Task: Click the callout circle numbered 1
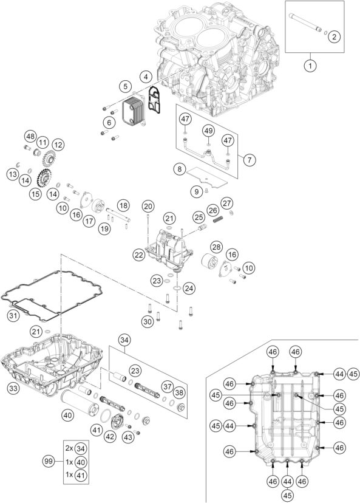[x=310, y=64]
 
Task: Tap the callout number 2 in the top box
[x=333, y=37]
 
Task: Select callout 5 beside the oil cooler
[x=124, y=86]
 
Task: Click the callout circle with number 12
[x=58, y=145]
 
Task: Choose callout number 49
[x=208, y=131]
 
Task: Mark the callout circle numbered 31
[x=13, y=315]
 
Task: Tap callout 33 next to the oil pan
[x=13, y=386]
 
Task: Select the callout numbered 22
[x=140, y=256]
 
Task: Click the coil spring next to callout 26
[x=223, y=213]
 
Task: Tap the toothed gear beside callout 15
[x=44, y=180]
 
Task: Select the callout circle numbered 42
[x=110, y=436]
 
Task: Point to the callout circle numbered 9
[x=196, y=191]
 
